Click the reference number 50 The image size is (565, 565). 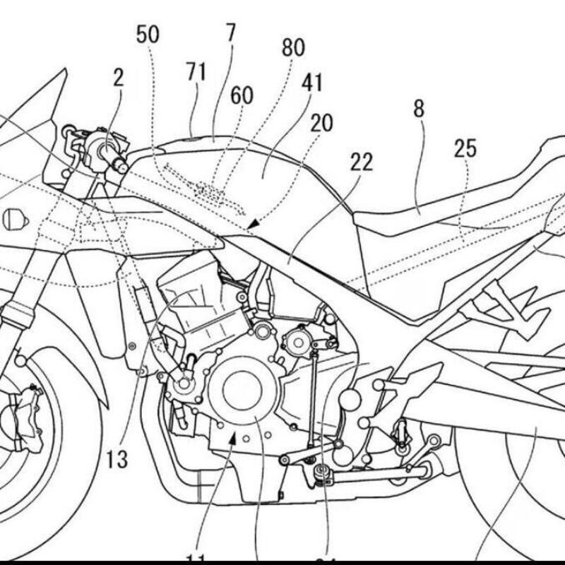point(148,35)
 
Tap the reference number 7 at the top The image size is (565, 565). point(231,32)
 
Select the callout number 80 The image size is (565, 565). point(293,48)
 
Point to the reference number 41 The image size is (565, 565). point(311,83)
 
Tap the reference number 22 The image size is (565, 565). point(361,162)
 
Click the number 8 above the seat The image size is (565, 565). point(419,109)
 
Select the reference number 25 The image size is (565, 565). point(465,148)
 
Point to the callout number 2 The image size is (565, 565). point(117,78)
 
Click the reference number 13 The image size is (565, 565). point(118,460)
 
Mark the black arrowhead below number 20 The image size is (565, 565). point(254,224)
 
